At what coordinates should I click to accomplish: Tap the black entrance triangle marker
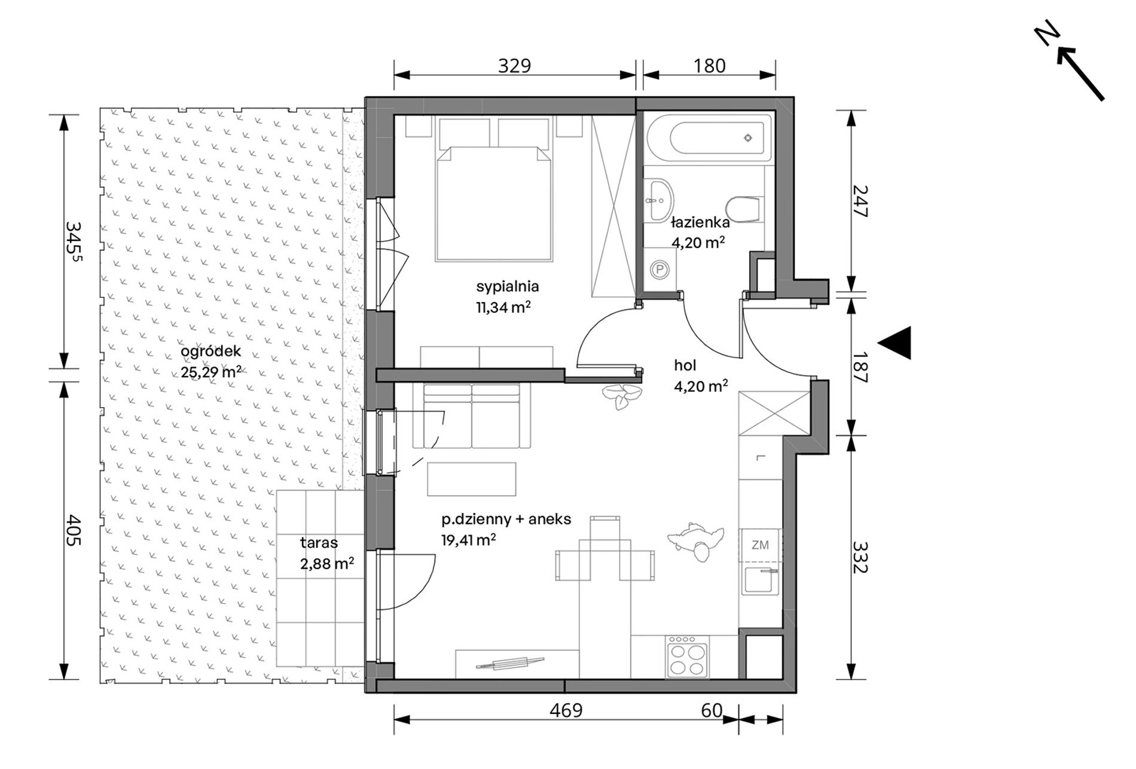(x=895, y=343)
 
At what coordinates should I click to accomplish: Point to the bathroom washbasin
(x=659, y=200)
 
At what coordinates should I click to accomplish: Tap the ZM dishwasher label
(x=760, y=545)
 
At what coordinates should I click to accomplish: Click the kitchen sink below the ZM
(x=760, y=579)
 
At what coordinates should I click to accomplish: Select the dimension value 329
(x=514, y=65)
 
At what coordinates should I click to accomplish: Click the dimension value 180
(x=709, y=65)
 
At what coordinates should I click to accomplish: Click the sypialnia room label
(x=508, y=286)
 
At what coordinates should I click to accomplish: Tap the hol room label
(x=685, y=365)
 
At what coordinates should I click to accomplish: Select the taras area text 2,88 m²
(x=327, y=564)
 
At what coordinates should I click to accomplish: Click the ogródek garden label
(x=210, y=352)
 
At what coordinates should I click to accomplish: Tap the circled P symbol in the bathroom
(x=659, y=270)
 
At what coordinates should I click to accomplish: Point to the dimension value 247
(x=859, y=201)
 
